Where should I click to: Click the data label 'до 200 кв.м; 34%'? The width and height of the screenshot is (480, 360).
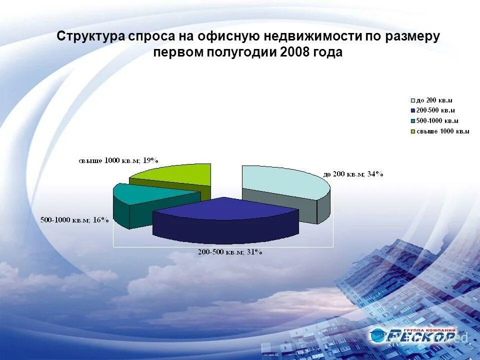pyautogui.click(x=353, y=174)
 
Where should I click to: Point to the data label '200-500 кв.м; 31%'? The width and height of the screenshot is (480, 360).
pyautogui.click(x=229, y=252)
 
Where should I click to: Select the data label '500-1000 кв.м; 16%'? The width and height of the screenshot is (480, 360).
pyautogui.click(x=74, y=220)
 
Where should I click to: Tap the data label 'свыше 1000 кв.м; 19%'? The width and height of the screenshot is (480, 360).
pyautogui.click(x=118, y=160)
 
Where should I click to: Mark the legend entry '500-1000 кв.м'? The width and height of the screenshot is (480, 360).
pyautogui.click(x=437, y=121)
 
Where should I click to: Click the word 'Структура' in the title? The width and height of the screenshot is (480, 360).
pyautogui.click(x=90, y=36)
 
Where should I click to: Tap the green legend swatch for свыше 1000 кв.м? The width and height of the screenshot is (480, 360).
pyautogui.click(x=412, y=131)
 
